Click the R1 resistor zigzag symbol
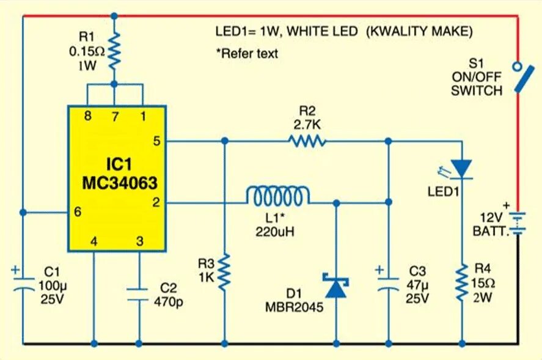(114, 52)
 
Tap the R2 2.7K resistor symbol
(307, 142)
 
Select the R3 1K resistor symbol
(225, 272)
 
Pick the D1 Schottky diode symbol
(337, 286)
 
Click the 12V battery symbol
(518, 223)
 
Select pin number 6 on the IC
(77, 212)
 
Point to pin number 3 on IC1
(140, 242)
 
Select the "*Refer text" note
(246, 53)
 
